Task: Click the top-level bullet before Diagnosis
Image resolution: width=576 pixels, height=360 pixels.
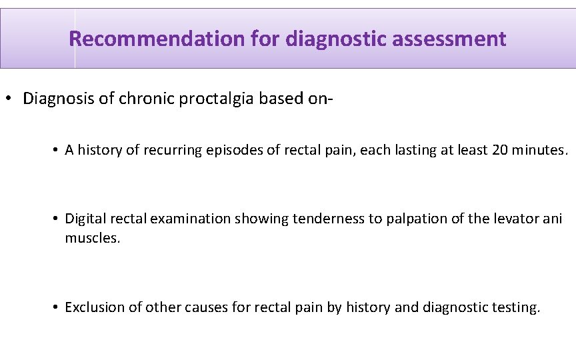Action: [x=9, y=99]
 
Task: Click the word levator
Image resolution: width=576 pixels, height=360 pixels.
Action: [x=509, y=219]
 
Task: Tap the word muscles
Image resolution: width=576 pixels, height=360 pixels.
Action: [x=92, y=237]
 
